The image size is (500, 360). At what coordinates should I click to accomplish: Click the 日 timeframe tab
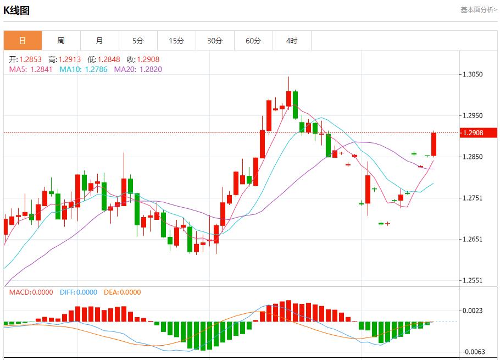point(23,41)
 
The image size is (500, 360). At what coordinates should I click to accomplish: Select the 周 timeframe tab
point(61,41)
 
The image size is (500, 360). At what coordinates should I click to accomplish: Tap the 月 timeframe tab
point(99,41)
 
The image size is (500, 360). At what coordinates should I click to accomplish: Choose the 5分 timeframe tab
point(138,41)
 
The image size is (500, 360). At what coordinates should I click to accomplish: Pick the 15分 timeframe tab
point(176,41)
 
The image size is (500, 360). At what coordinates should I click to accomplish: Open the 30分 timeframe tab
point(215,41)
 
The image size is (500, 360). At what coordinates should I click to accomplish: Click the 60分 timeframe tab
point(253,41)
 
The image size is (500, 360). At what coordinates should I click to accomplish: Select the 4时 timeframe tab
point(292,41)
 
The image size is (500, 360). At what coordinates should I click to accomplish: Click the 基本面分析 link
point(478,10)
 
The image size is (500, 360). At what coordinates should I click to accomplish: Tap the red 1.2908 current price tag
point(478,133)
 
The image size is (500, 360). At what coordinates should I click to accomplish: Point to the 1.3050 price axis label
point(473,75)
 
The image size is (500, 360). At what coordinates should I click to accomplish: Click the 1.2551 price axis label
point(473,280)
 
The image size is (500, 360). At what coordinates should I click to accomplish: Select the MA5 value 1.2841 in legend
point(41,69)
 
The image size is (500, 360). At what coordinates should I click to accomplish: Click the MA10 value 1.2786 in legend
point(96,69)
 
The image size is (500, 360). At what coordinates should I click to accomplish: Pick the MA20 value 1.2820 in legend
point(150,69)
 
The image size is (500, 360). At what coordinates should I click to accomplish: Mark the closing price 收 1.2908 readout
point(148,59)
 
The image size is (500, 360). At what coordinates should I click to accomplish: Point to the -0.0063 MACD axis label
point(472,352)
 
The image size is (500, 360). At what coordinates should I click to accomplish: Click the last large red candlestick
point(434,144)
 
